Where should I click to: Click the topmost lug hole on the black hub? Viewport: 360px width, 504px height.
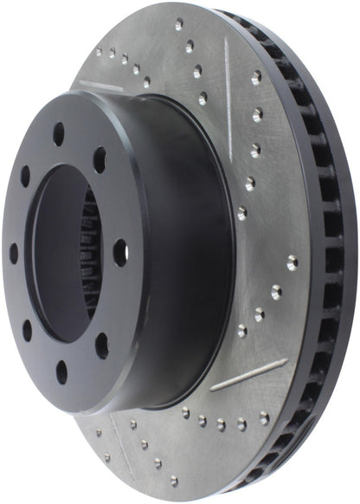click(59, 134)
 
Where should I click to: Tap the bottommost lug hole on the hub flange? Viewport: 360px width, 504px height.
click(61, 372)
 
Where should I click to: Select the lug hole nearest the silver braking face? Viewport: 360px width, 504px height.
click(120, 253)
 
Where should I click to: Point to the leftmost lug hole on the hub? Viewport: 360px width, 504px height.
click(13, 253)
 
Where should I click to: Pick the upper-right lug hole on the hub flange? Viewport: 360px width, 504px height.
click(100, 159)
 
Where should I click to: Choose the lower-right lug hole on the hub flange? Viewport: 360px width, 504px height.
click(101, 345)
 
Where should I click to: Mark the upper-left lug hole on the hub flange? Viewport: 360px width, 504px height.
click(25, 176)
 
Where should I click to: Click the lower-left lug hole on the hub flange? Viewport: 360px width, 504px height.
click(27, 330)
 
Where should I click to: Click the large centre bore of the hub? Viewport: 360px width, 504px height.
click(61, 251)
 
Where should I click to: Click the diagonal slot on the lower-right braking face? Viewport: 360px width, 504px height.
click(248, 373)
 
